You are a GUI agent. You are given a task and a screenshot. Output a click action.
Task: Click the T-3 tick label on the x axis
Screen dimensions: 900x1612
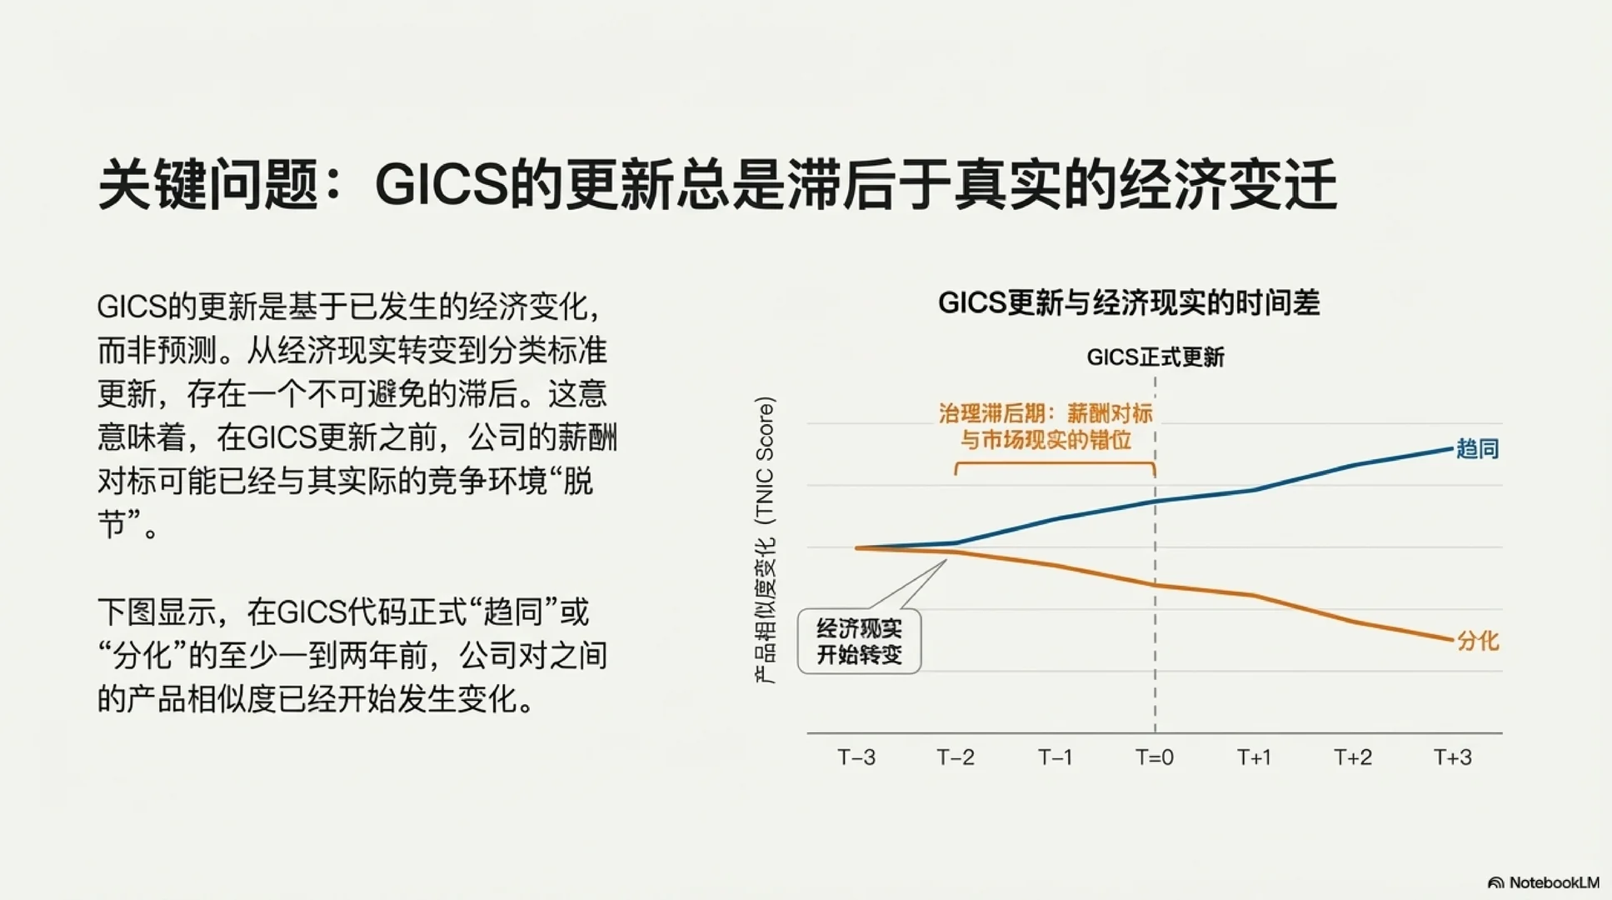(x=856, y=757)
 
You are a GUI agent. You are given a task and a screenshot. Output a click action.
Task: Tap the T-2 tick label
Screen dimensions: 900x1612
(x=955, y=757)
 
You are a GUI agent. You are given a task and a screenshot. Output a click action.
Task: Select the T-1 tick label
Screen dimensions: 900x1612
(x=1055, y=757)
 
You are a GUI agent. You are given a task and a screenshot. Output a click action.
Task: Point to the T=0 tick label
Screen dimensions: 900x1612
(x=1155, y=757)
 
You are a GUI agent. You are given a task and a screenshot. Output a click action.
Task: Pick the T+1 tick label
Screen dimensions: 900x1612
(x=1254, y=757)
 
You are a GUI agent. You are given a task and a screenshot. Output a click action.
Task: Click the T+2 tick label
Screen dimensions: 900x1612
(x=1353, y=757)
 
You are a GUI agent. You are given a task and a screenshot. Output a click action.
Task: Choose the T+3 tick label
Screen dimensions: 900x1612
(x=1452, y=757)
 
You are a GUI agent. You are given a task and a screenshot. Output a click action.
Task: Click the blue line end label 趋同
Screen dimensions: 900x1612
(x=1477, y=449)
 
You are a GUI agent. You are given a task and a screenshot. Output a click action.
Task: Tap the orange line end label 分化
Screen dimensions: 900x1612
(x=1477, y=641)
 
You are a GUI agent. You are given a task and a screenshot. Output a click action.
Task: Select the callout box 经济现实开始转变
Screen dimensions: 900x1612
(x=859, y=641)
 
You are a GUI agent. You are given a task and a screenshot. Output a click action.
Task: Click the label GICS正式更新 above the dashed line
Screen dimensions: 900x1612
(x=1155, y=357)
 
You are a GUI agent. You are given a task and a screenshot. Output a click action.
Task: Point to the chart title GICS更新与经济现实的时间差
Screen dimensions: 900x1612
(x=1129, y=302)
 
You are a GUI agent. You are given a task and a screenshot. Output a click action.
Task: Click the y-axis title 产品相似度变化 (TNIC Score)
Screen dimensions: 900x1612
(x=765, y=540)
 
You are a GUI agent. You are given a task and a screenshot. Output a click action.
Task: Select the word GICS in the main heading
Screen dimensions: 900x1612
(x=442, y=185)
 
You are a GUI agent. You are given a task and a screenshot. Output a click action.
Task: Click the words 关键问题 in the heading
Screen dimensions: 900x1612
(x=207, y=185)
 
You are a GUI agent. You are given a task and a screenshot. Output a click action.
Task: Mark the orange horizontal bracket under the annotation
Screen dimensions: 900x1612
(x=1055, y=465)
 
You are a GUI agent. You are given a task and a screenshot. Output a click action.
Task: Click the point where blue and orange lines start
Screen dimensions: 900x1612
(x=856, y=547)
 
